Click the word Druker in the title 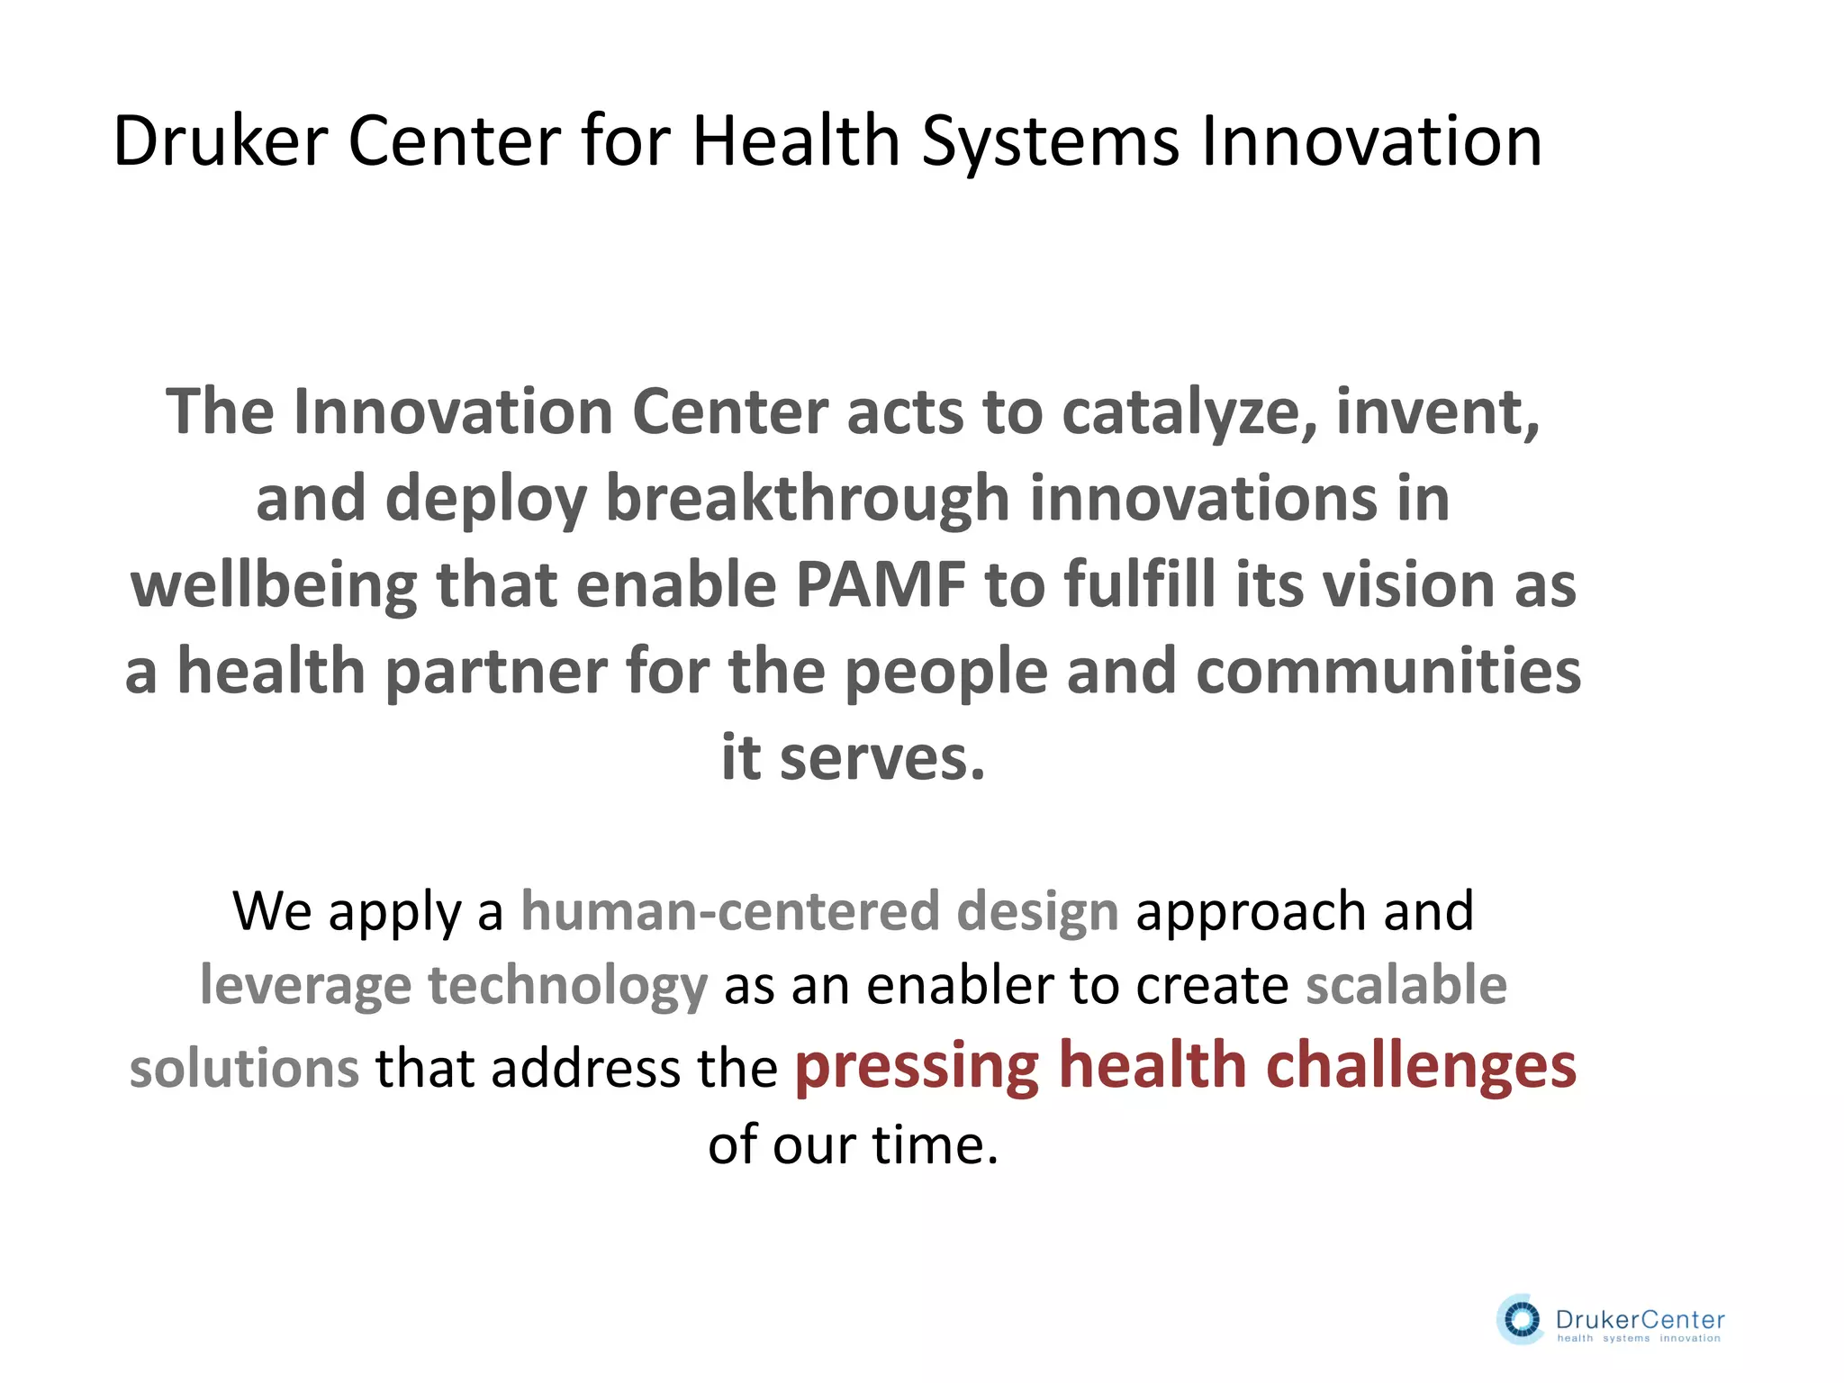pyautogui.click(x=220, y=141)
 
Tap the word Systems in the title pyautogui.click(x=1050, y=141)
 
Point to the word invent pyautogui.click(x=1438, y=412)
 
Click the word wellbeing pyautogui.click(x=274, y=585)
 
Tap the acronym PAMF pyautogui.click(x=881, y=585)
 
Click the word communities pyautogui.click(x=1388, y=672)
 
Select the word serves pyautogui.click(x=882, y=758)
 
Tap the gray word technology pyautogui.click(x=567, y=986)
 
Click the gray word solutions pyautogui.click(x=244, y=1069)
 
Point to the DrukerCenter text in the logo pyautogui.click(x=1640, y=1319)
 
